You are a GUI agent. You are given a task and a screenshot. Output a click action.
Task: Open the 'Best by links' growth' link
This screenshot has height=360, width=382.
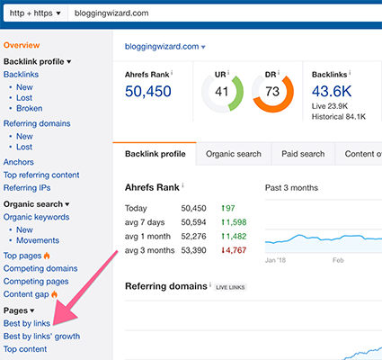coord(41,336)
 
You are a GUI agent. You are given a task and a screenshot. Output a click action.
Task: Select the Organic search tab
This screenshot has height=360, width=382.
coord(233,154)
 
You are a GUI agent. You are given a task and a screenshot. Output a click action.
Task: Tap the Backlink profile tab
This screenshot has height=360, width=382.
coord(155,154)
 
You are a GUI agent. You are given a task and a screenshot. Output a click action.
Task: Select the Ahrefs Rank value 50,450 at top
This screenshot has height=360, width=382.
coord(149,92)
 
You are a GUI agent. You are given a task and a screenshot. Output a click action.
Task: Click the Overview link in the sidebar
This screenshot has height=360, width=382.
coord(22,45)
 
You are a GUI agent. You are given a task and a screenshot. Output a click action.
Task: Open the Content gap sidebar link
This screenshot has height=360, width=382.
coord(28,293)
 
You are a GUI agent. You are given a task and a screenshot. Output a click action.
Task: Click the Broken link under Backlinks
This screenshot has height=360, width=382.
coord(29,108)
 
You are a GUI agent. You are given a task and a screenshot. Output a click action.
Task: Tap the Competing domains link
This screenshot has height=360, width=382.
coord(40,268)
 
